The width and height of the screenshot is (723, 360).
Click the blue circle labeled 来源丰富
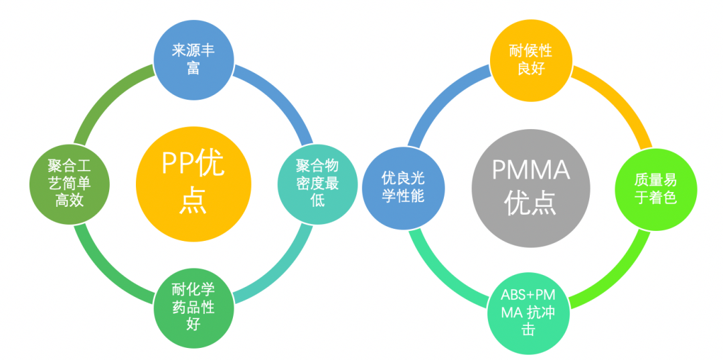click(193, 59)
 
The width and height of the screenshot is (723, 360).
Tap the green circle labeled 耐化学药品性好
click(193, 306)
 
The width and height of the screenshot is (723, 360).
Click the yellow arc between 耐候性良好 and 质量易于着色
click(619, 98)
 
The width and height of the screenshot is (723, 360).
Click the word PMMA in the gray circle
click(531, 170)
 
